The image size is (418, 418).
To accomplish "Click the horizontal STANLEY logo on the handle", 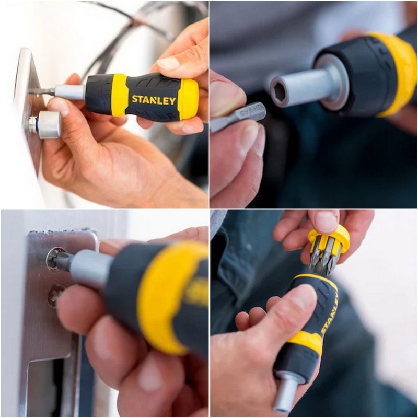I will [x=153, y=99].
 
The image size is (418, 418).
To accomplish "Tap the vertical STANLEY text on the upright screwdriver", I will [x=329, y=313].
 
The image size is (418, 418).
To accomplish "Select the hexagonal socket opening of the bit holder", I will [x=280, y=92].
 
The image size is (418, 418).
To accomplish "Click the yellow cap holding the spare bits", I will [x=329, y=238].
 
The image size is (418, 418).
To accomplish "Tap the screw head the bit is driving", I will [x=54, y=258].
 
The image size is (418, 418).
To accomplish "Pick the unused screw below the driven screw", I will [x=55, y=296].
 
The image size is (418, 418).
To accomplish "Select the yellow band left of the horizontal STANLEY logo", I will [x=120, y=95].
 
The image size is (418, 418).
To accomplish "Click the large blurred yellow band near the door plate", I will [x=167, y=293].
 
